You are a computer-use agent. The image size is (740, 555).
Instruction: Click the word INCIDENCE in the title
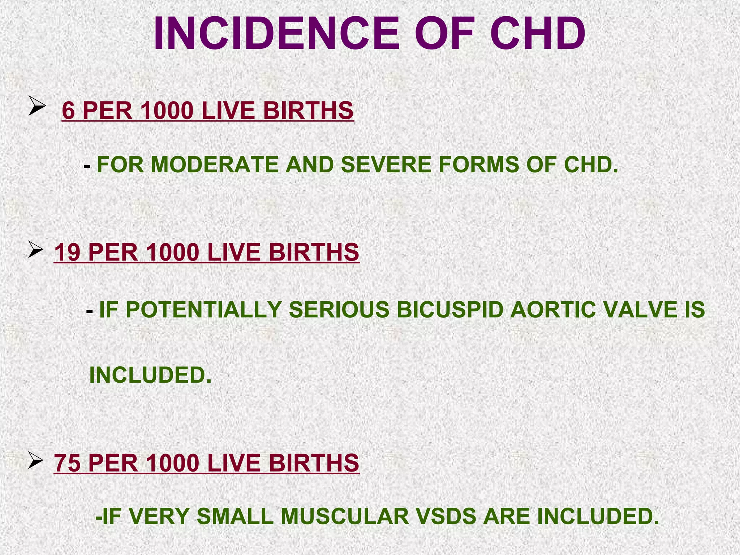(x=276, y=34)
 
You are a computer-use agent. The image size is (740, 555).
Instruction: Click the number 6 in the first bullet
(x=69, y=111)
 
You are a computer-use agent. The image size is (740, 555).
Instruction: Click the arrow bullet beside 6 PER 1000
(x=37, y=107)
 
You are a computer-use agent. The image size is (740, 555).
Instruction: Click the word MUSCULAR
(x=345, y=516)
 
